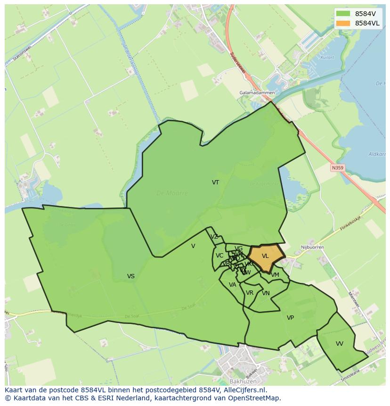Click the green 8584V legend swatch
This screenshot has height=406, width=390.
343,14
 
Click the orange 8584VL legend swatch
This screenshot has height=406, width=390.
343,23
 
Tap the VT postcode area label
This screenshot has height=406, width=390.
215,182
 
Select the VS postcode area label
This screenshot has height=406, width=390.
131,276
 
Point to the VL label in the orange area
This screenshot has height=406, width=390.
265,256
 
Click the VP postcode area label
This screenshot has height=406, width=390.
290,318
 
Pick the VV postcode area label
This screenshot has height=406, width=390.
340,344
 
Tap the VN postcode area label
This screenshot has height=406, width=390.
266,293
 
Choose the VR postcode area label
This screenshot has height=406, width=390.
250,293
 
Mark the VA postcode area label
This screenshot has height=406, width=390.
232,285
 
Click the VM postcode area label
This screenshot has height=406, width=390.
275,275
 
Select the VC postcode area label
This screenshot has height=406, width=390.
219,256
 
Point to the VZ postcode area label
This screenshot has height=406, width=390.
214,237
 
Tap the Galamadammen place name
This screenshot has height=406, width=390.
257,93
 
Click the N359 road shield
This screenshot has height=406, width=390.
337,168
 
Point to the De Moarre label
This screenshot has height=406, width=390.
172,193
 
